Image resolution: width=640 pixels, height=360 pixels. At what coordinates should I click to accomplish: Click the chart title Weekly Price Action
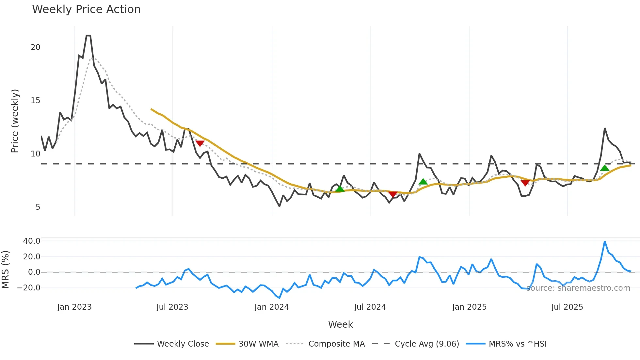pyautogui.click(x=86, y=9)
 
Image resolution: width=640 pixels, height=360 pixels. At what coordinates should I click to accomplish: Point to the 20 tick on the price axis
pyautogui.click(x=35, y=47)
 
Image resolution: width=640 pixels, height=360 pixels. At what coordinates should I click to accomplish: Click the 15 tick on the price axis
pyautogui.click(x=35, y=101)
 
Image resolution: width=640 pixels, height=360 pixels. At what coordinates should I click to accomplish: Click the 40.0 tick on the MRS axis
pyautogui.click(x=32, y=241)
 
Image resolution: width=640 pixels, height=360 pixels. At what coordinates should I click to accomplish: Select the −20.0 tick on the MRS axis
pyautogui.click(x=29, y=288)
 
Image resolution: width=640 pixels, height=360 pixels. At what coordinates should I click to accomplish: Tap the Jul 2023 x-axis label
pyautogui.click(x=172, y=307)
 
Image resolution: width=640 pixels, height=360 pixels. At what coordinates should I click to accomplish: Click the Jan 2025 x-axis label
pyautogui.click(x=469, y=307)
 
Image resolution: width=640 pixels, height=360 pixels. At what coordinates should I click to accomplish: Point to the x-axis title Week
pyautogui.click(x=340, y=324)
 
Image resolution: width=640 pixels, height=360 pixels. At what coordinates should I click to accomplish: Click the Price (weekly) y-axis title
pyautogui.click(x=15, y=121)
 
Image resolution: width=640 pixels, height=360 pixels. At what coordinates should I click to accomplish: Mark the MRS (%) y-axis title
pyautogui.click(x=5, y=270)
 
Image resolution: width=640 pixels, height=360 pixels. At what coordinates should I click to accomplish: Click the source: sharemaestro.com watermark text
pyautogui.click(x=578, y=288)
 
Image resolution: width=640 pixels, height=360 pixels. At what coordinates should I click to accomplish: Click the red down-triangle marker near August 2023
pyautogui.click(x=200, y=143)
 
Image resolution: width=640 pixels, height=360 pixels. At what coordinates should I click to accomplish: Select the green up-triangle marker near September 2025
pyautogui.click(x=604, y=168)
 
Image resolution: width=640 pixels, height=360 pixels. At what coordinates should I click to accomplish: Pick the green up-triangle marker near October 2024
pyautogui.click(x=423, y=182)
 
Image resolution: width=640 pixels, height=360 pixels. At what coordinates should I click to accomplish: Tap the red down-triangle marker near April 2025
pyautogui.click(x=525, y=183)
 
